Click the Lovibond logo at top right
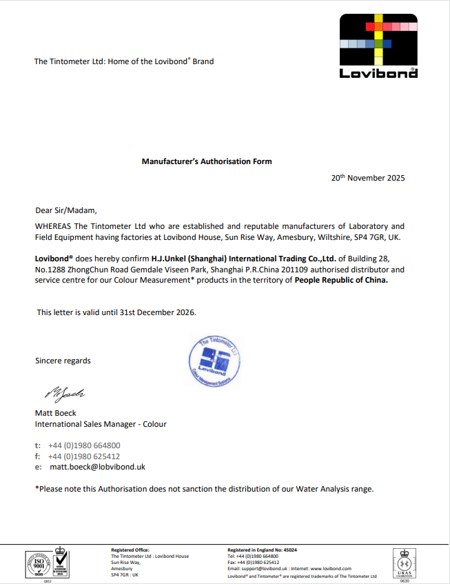pyautogui.click(x=378, y=46)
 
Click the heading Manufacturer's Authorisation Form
pyautogui.click(x=207, y=161)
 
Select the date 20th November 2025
pyautogui.click(x=368, y=178)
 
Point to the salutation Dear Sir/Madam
pyautogui.click(x=66, y=210)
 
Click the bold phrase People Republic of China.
pyautogui.click(x=341, y=281)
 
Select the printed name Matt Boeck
pyautogui.click(x=56, y=413)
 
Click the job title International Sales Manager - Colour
pyautogui.click(x=101, y=424)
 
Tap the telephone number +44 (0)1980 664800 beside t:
pyautogui.click(x=84, y=445)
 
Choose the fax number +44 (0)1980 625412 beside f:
pyautogui.click(x=84, y=456)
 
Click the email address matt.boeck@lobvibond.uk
pyautogui.click(x=97, y=467)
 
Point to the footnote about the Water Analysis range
pyautogui.click(x=205, y=489)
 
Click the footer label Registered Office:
pyautogui.click(x=128, y=550)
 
